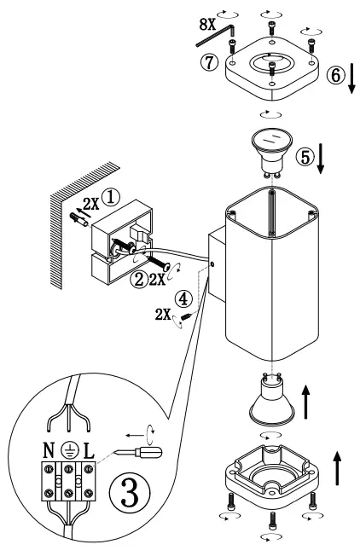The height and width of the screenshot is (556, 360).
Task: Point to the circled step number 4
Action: (180, 299)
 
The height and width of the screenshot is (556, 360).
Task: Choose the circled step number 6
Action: (337, 75)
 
